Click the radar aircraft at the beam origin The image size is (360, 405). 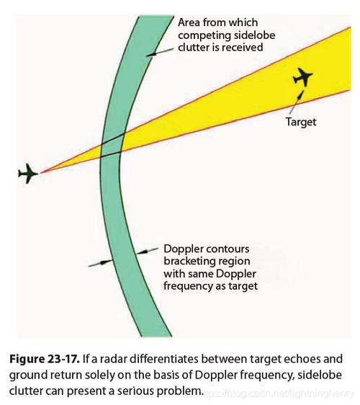click(x=28, y=173)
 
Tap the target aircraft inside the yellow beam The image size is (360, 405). click(x=302, y=77)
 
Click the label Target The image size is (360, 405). click(x=301, y=122)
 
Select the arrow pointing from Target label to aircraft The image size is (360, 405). click(x=296, y=102)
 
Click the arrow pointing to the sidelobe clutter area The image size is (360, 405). click(x=160, y=52)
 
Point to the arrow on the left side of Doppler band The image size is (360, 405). click(x=100, y=263)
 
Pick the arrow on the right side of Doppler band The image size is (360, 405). click(x=147, y=251)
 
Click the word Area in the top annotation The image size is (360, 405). click(x=189, y=23)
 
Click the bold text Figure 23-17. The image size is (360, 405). click(x=45, y=359)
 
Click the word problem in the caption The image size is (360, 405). click(x=179, y=391)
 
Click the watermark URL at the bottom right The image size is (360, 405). click(x=278, y=394)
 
